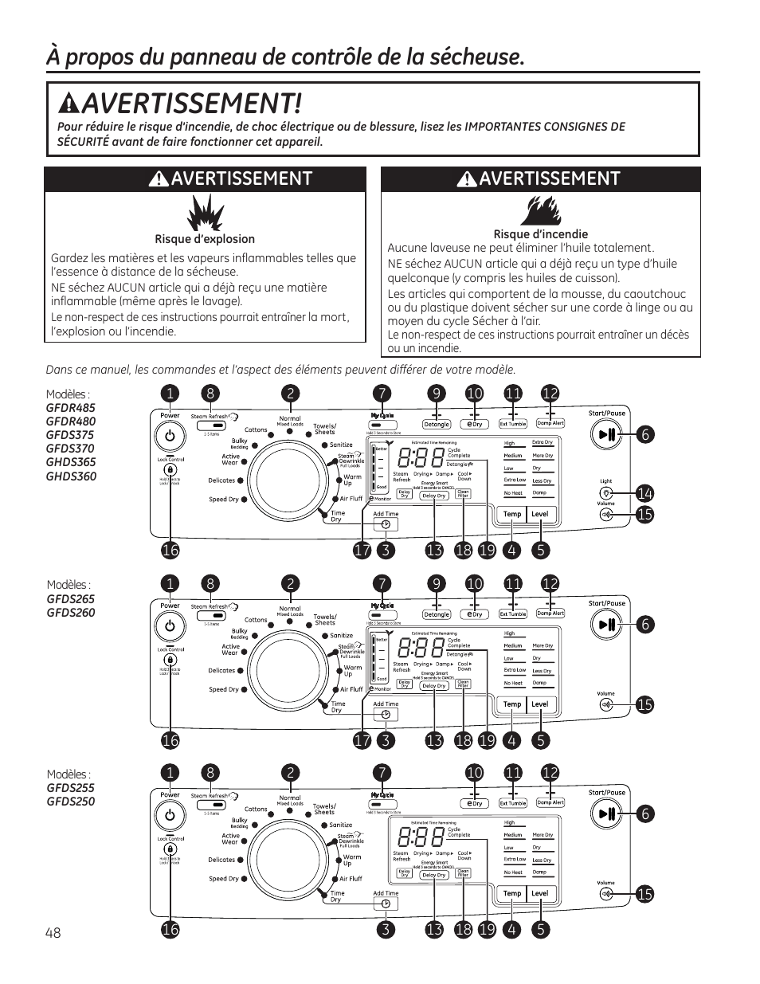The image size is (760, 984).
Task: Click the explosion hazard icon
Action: [x=205, y=214]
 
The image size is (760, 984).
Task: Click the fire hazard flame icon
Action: [x=540, y=210]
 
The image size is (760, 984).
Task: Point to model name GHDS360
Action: [x=71, y=476]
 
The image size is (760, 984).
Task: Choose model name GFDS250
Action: [x=70, y=802]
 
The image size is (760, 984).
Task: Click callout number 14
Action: [x=644, y=494]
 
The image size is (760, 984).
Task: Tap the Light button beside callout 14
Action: [x=606, y=493]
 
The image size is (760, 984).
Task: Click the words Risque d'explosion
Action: [x=205, y=239]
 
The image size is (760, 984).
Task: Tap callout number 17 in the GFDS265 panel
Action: [x=362, y=740]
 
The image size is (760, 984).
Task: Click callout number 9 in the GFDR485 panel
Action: [x=436, y=393]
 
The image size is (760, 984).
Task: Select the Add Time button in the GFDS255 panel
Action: [x=386, y=904]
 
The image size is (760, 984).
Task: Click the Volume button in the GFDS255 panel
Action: [x=606, y=894]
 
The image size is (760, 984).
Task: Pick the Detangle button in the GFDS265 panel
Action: [x=436, y=614]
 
